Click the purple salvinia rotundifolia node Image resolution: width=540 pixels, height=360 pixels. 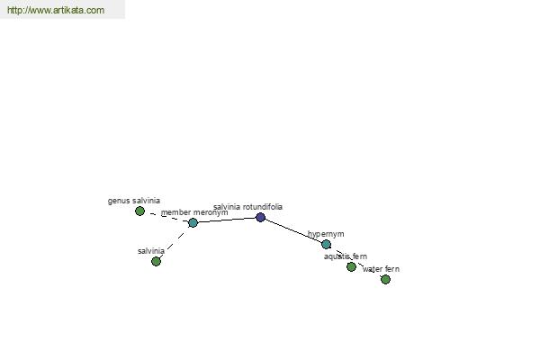coord(261,218)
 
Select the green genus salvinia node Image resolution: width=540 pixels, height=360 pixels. coord(139,211)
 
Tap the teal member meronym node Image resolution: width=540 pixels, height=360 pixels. coord(193,223)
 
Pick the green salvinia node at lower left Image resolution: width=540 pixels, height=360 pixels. coord(157,262)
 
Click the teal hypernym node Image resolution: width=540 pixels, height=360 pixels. coord(326,245)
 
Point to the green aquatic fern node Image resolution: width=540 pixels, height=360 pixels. coord(351,267)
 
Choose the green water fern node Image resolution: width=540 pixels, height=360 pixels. coord(386,279)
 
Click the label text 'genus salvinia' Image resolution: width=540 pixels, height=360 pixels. coord(134,201)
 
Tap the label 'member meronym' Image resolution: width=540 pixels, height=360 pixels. coord(194,212)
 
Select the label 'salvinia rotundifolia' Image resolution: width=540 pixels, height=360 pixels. coord(248,207)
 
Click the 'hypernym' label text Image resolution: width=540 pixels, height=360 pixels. coord(326,234)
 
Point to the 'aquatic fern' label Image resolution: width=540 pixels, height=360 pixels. coord(346,256)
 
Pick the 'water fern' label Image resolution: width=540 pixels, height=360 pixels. coord(381,269)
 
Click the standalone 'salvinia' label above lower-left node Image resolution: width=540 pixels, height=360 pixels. coord(151,251)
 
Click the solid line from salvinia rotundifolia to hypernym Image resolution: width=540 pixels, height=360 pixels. coord(293,231)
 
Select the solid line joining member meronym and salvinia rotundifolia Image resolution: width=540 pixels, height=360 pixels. coord(227,220)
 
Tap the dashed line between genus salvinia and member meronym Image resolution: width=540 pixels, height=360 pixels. coord(166,217)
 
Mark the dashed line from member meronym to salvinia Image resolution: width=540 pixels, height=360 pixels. coord(175,242)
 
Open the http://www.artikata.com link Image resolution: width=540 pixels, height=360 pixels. coord(56,10)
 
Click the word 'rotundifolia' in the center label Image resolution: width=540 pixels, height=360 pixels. coord(263,207)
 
